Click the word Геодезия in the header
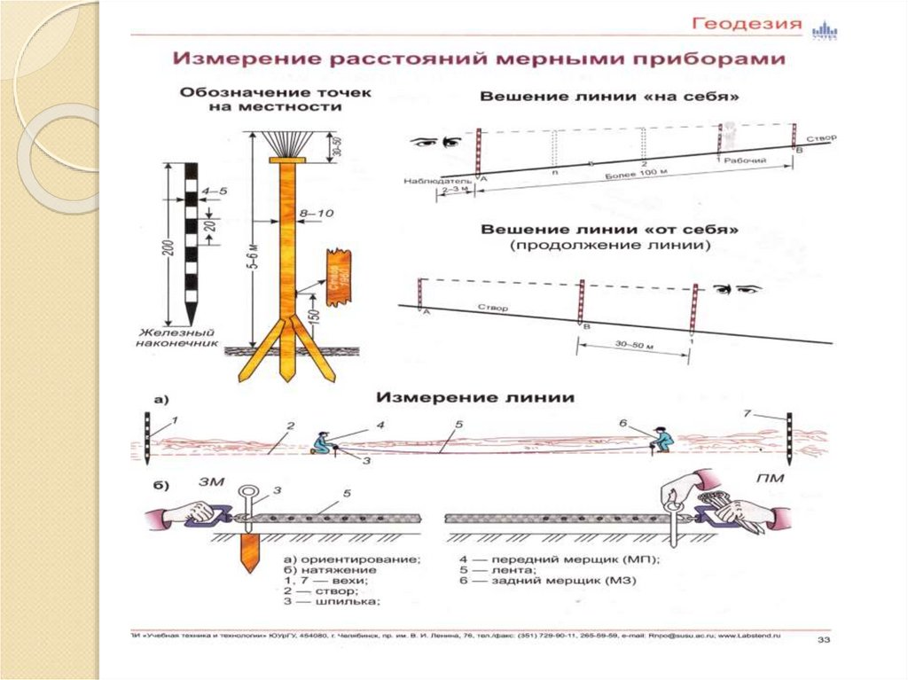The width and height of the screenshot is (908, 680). pyautogui.click(x=747, y=23)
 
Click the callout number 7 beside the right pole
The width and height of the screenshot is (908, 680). pyautogui.click(x=748, y=412)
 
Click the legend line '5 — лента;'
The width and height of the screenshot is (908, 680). pyautogui.click(x=491, y=571)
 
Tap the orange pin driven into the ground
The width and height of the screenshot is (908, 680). pyautogui.click(x=246, y=551)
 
